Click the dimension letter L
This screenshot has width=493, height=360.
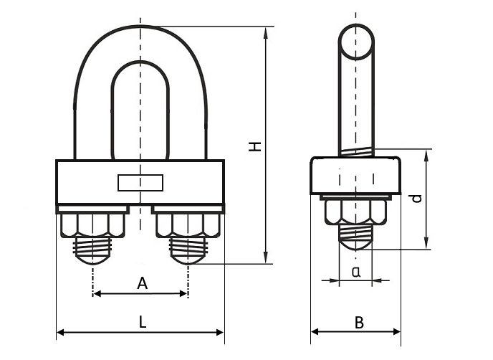143,323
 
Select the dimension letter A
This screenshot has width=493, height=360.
142,284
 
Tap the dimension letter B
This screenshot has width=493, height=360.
359,323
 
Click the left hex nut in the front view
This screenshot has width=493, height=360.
92,226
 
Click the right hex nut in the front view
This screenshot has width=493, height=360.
189,226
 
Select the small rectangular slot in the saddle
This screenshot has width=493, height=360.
140,183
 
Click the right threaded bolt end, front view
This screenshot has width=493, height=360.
188,252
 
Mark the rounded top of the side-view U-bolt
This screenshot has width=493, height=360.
355,41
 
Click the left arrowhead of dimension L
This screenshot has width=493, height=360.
59,333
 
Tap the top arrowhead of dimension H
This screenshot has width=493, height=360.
267,31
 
